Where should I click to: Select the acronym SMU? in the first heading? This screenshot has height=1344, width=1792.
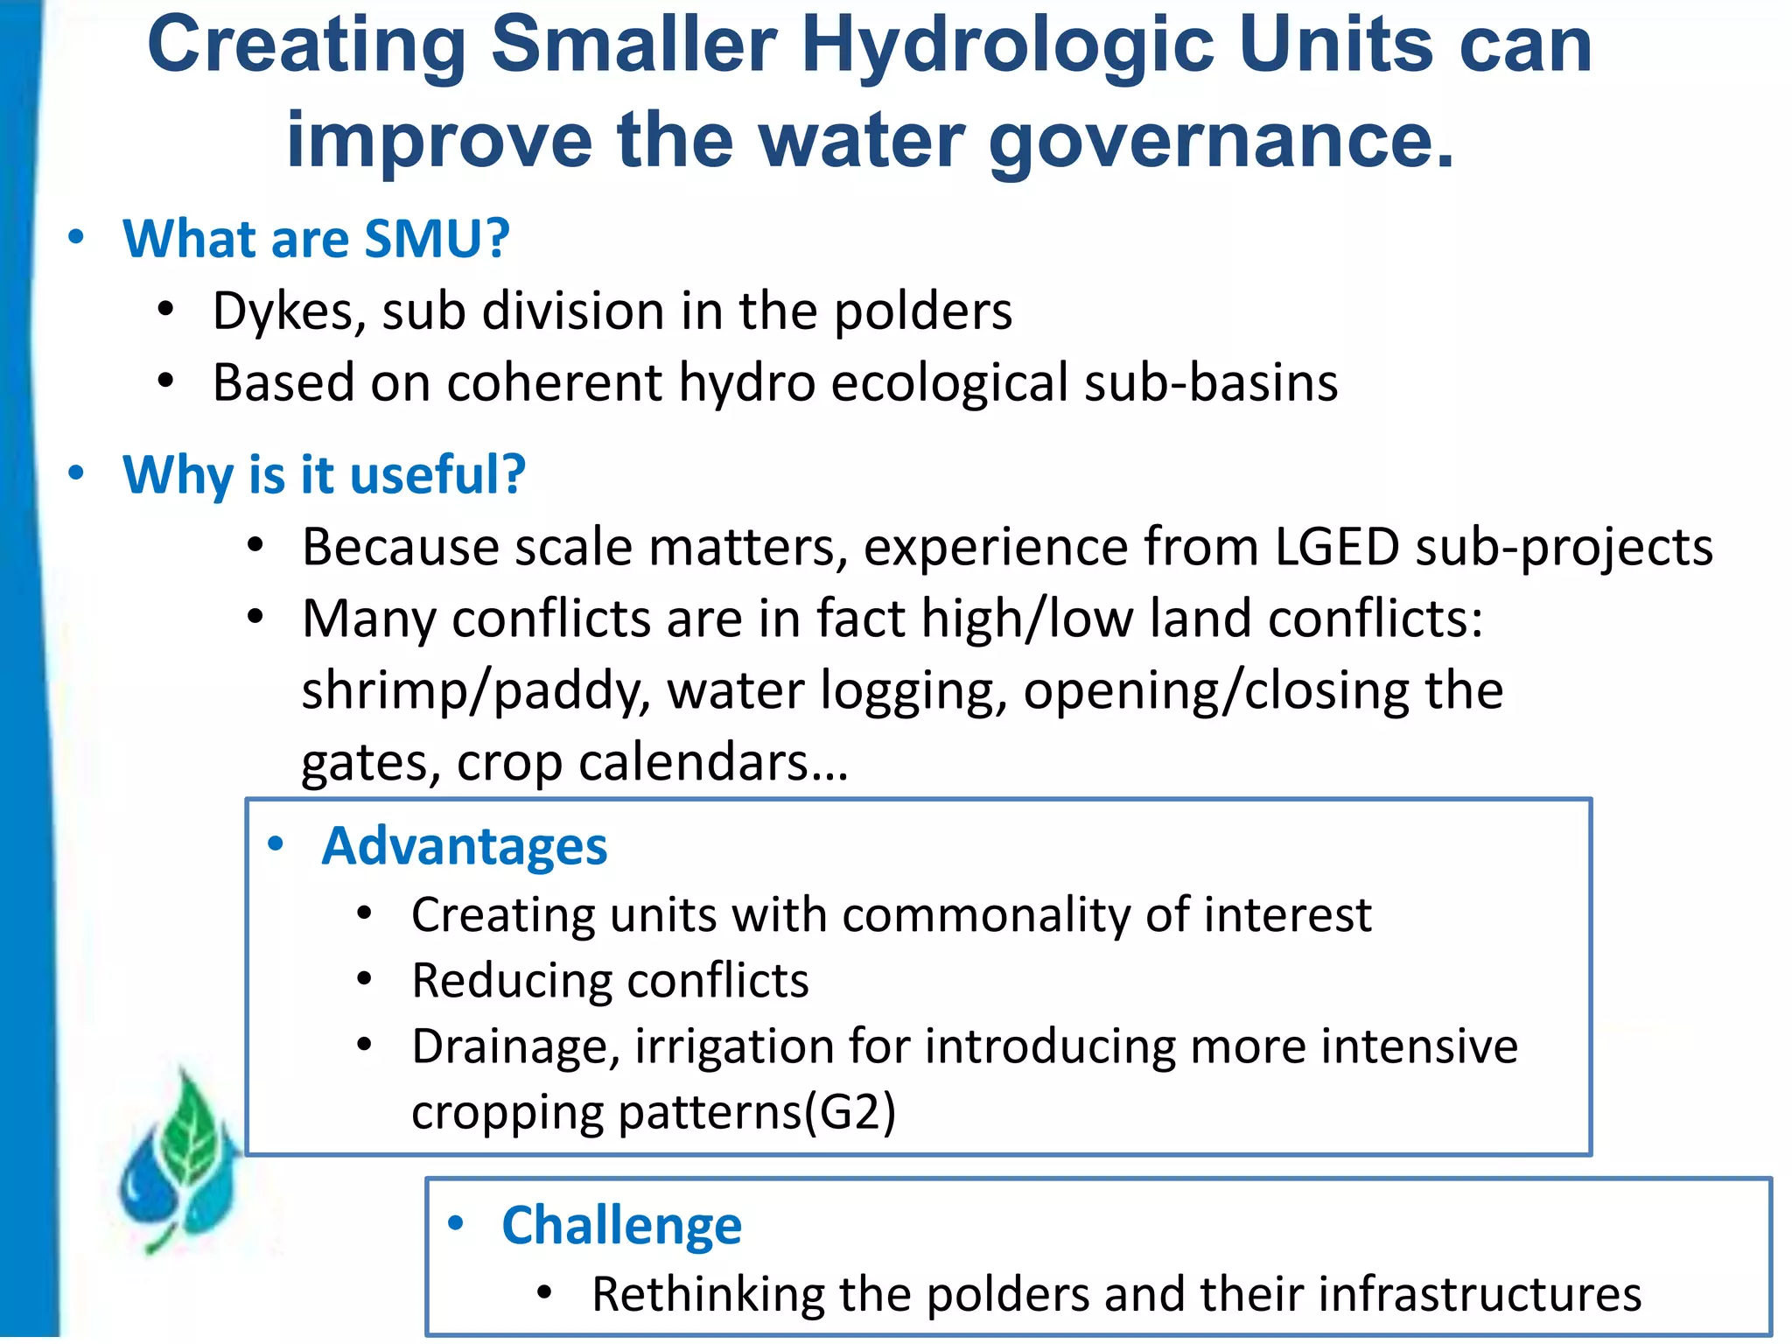(437, 239)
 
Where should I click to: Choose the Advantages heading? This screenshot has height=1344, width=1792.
(465, 846)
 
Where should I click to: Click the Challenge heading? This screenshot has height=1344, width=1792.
(621, 1225)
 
